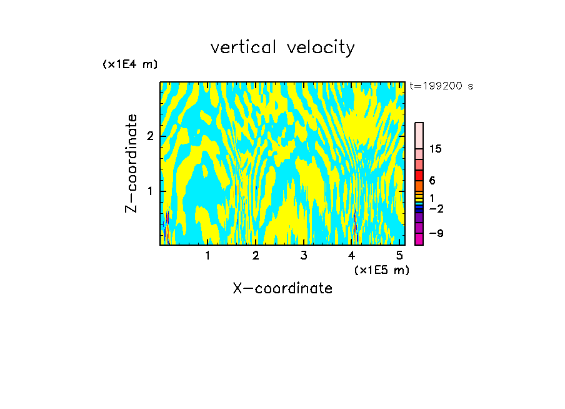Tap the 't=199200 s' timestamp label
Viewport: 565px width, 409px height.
441,86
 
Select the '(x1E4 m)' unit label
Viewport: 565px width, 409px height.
130,64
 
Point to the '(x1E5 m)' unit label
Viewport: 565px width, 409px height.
381,270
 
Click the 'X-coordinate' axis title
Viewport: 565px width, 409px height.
282,288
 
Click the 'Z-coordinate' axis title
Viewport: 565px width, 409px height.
131,163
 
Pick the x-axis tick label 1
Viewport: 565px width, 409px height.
207,255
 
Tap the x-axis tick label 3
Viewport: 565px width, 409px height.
304,255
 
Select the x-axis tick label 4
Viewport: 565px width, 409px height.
352,255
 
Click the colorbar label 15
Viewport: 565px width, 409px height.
436,149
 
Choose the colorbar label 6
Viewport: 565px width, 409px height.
432,180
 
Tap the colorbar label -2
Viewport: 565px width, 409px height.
436,208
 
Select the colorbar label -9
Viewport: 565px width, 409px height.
436,233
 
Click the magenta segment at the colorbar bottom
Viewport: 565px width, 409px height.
419,239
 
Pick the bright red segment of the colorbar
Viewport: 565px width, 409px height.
419,175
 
